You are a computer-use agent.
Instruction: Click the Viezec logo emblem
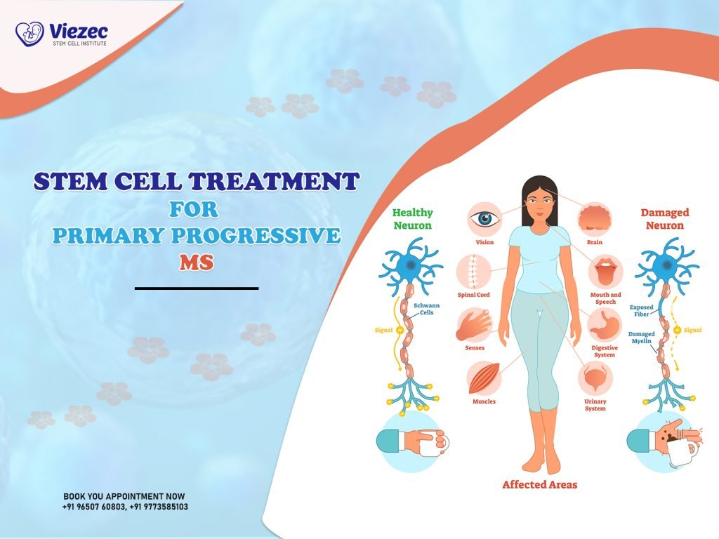29,33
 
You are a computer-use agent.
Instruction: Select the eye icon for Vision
484,218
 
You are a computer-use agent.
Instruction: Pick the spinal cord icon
473,270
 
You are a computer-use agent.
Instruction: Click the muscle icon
484,378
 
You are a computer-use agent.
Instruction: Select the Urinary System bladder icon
595,378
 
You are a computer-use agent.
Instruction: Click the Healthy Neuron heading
412,218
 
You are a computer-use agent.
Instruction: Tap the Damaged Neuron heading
664,218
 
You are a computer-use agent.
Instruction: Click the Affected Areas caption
539,484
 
